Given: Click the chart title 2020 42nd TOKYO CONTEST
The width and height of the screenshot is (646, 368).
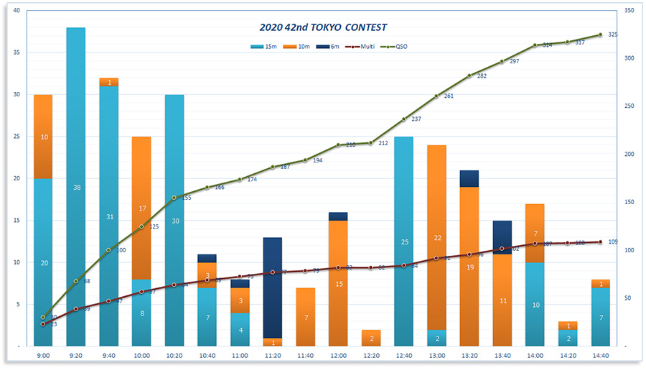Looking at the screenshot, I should tap(323, 27).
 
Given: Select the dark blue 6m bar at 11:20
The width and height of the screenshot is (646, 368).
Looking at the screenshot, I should tap(272, 287).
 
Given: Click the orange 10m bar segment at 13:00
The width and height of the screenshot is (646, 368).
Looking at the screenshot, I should tap(437, 237).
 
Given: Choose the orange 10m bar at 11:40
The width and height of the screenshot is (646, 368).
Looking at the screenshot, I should tap(306, 317).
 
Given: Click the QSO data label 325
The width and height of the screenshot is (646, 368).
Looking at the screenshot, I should tap(613, 34).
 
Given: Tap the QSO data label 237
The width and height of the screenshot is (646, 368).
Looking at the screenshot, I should tap(416, 119).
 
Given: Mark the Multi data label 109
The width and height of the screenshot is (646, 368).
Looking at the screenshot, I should tap(613, 241).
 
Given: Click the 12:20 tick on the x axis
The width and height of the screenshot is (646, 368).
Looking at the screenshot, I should tap(372, 355).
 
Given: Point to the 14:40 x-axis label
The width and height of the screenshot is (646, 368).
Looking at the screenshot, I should tap(601, 355).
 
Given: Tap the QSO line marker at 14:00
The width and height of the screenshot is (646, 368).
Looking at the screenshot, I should tap(535, 45).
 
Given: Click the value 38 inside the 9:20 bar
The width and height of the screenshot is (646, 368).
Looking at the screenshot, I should tap(76, 188).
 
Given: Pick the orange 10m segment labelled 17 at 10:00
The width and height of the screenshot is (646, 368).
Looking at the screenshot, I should tap(141, 208).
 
